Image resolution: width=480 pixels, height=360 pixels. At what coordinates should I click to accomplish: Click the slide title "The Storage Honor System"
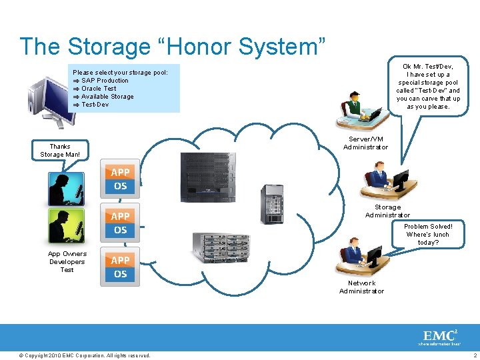pyautogui.click(x=173, y=47)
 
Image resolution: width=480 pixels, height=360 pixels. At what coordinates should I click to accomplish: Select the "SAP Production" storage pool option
pyautogui.click(x=105, y=81)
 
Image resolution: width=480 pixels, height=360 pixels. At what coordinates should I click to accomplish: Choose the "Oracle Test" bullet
pyautogui.click(x=99, y=89)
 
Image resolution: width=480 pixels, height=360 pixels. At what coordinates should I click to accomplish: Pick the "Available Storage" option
pyautogui.click(x=107, y=97)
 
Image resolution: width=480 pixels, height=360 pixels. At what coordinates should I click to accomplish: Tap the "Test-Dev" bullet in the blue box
pyautogui.click(x=95, y=105)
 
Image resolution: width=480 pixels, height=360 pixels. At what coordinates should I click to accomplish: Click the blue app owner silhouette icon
pyautogui.click(x=67, y=188)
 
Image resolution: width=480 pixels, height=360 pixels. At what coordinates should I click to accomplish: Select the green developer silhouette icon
pyautogui.click(x=67, y=225)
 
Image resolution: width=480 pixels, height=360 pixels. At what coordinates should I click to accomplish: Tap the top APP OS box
pyautogui.click(x=120, y=179)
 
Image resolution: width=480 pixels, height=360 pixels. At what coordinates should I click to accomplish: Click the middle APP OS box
pyautogui.click(x=120, y=223)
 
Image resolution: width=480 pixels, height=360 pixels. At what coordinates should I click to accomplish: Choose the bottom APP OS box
pyautogui.click(x=120, y=267)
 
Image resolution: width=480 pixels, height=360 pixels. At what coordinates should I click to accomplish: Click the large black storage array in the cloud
pyautogui.click(x=209, y=177)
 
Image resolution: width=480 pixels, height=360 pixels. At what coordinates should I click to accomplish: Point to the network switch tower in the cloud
pyautogui.click(x=271, y=204)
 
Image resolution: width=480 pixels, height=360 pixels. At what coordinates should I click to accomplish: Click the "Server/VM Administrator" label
pyautogui.click(x=365, y=143)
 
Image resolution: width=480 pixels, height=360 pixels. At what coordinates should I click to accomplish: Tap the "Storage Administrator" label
pyautogui.click(x=387, y=211)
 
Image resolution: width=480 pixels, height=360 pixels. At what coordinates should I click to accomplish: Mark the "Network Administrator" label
pyautogui.click(x=361, y=287)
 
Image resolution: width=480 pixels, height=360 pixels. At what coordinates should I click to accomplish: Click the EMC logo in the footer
pyautogui.click(x=439, y=336)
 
